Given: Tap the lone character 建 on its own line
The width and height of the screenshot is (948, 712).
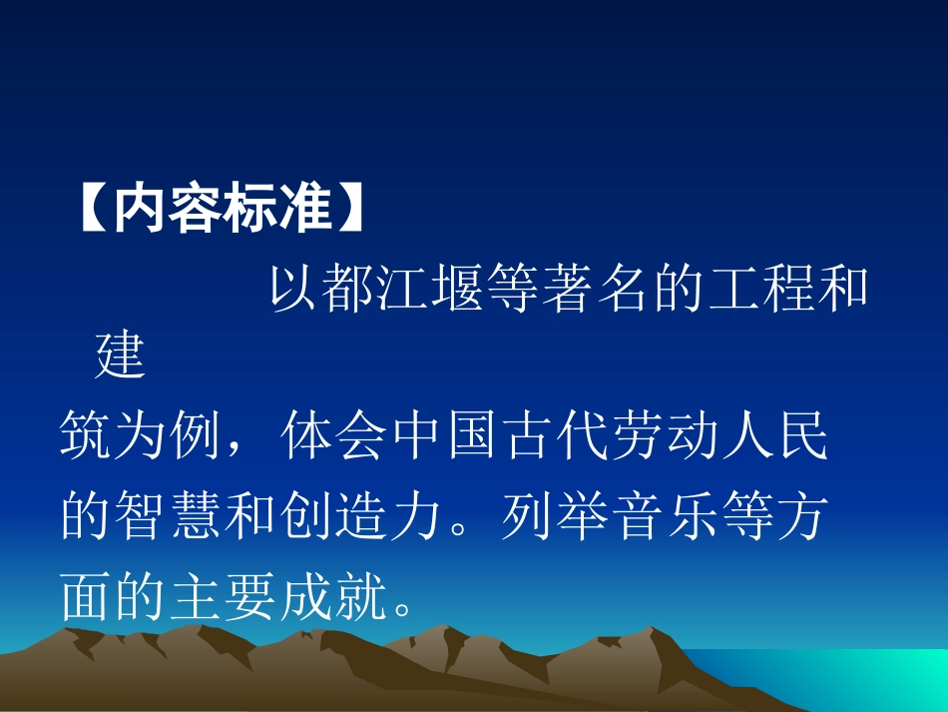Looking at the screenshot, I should pos(120,356).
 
